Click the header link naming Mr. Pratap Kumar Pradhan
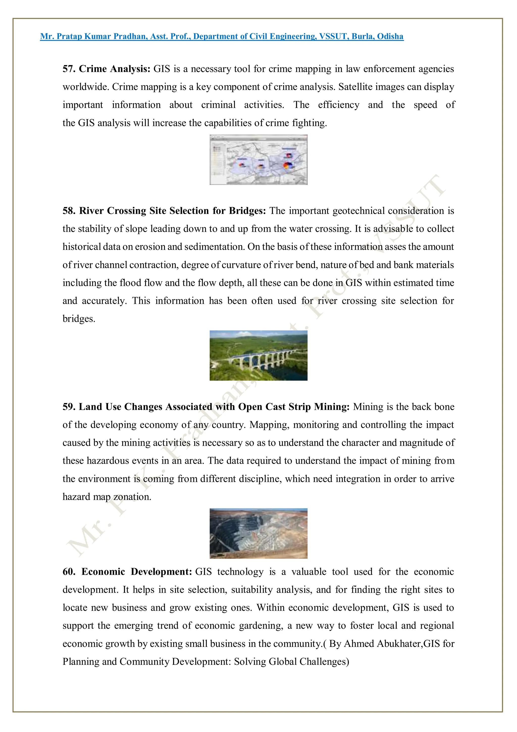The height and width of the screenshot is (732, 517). (221, 36)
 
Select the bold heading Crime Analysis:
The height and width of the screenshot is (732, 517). (114, 69)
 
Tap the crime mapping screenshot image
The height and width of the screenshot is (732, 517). (258, 160)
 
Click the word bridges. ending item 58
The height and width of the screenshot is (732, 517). (79, 319)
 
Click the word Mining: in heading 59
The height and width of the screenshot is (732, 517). (332, 407)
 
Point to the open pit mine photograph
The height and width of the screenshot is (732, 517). (258, 533)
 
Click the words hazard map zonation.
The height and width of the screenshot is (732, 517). (107, 497)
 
